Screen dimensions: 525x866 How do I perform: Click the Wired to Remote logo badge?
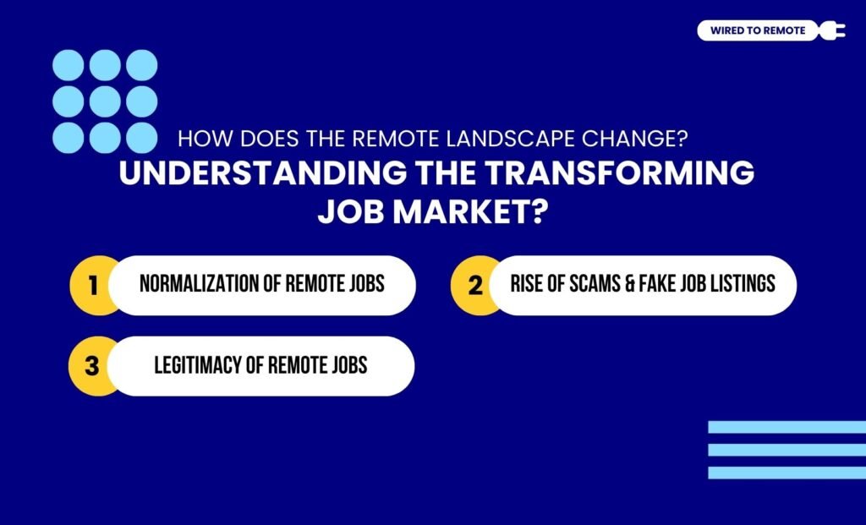coord(757,31)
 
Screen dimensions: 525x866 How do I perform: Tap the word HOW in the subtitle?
coord(196,138)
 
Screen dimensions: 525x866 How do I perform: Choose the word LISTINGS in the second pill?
coord(743,284)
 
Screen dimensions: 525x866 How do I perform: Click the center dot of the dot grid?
coord(105,101)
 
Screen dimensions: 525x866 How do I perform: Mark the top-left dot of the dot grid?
coord(68,65)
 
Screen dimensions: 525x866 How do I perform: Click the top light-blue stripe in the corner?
coord(787,428)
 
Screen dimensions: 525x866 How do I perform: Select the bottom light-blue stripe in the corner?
coord(787,473)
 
